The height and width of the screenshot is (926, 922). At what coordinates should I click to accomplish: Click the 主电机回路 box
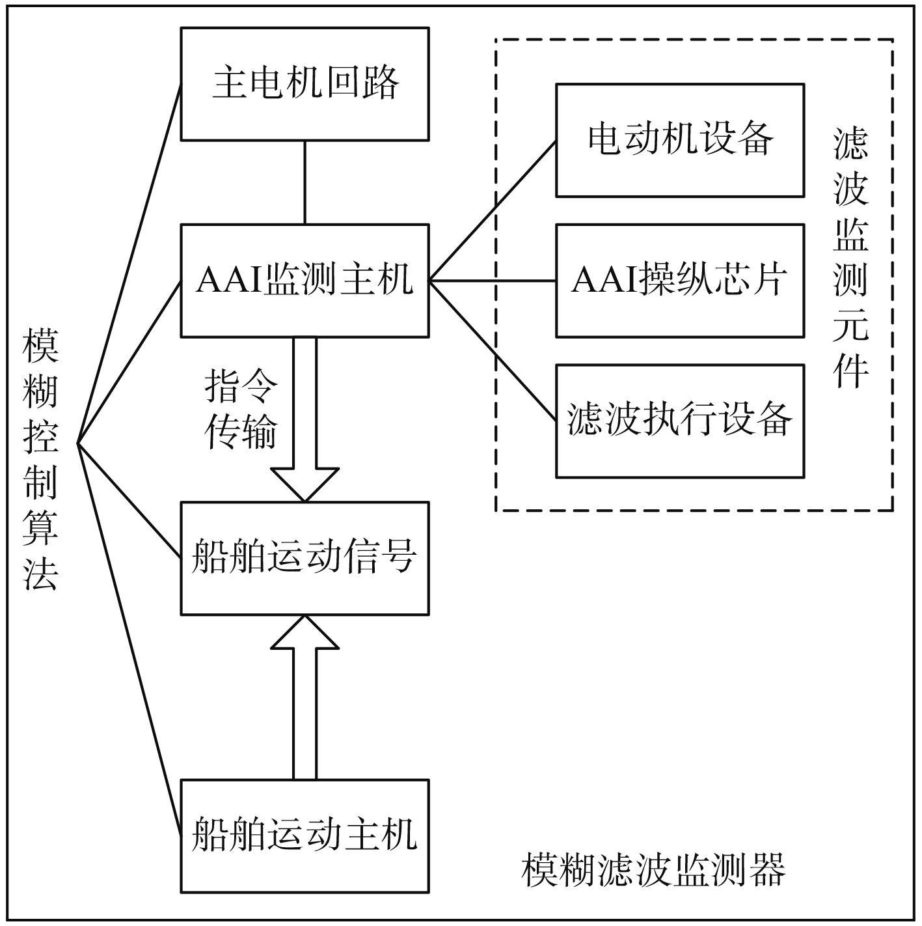coord(305,84)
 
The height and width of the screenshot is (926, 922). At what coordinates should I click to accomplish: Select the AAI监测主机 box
coord(305,281)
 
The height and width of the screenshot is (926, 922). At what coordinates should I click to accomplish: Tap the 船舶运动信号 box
coord(305,558)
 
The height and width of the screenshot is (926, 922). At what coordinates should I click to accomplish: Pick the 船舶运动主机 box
coord(305,835)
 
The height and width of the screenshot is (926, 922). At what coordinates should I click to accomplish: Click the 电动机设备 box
coord(679,140)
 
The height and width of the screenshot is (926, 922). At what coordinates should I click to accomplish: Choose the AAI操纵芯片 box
coord(679,281)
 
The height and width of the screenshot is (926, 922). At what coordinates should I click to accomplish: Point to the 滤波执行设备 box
coord(679,421)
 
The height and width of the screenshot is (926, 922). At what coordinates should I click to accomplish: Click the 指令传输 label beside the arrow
coord(241,409)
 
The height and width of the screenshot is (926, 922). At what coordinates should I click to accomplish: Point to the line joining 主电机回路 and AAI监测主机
coord(305,182)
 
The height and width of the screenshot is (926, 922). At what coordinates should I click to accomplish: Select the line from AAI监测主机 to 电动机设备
coord(493,210)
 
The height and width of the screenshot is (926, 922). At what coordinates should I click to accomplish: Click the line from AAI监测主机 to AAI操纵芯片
coord(493,281)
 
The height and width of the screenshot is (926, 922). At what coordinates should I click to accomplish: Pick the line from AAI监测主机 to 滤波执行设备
coord(493,351)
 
